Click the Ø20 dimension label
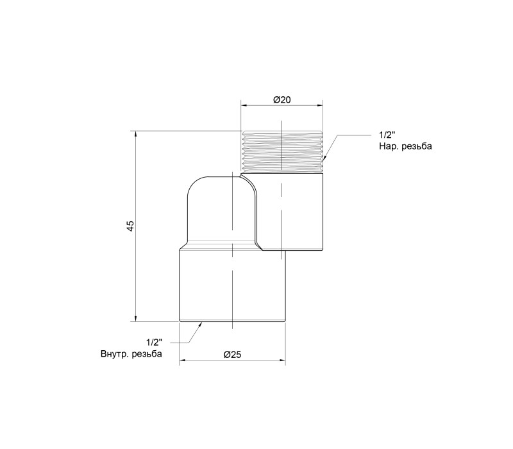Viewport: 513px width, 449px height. (x=282, y=99)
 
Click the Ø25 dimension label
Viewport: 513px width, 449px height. (x=232, y=355)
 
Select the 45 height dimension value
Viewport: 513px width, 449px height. (x=131, y=226)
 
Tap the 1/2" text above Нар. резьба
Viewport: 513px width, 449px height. (x=387, y=135)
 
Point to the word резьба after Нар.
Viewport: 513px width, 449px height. (x=417, y=146)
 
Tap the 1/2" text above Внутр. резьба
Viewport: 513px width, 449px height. (x=154, y=343)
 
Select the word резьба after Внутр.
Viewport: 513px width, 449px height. (x=147, y=354)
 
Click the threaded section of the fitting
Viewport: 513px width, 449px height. (x=282, y=151)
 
